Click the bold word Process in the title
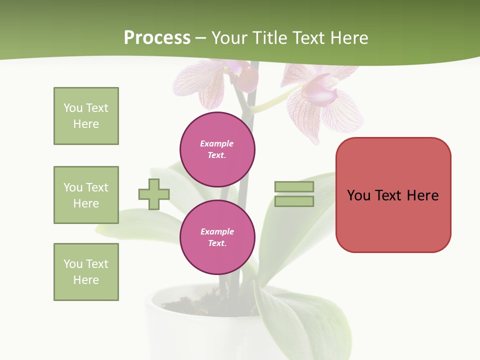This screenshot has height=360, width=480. point(157,38)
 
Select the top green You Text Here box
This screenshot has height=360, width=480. point(86,116)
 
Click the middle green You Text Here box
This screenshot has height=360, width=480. point(86,195)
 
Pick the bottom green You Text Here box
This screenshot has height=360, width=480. point(86,272)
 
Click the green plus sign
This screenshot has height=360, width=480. point(154,194)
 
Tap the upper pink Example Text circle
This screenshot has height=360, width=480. point(217,149)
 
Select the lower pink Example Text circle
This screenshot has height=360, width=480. point(217,237)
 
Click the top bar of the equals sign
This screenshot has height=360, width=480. point(294,186)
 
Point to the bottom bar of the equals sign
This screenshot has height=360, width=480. point(294,201)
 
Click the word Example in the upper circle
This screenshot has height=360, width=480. point(217,144)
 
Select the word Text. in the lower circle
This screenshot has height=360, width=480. point(217,243)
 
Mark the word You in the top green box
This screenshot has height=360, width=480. point(72,108)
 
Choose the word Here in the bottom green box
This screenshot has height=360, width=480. point(86,280)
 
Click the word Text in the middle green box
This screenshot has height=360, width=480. point(97,187)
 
